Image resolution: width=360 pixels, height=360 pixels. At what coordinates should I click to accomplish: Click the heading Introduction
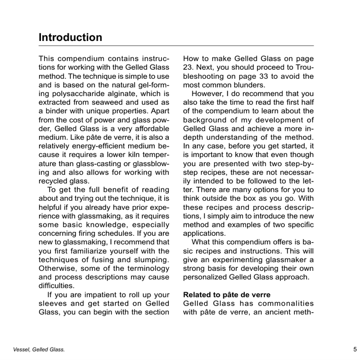(x=70, y=37)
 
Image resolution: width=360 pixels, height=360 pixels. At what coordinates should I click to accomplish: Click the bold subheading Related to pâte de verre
(x=226, y=295)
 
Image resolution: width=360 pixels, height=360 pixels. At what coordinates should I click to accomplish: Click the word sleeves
(x=54, y=303)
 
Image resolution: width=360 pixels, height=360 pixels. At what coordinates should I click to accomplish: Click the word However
(x=206, y=93)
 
